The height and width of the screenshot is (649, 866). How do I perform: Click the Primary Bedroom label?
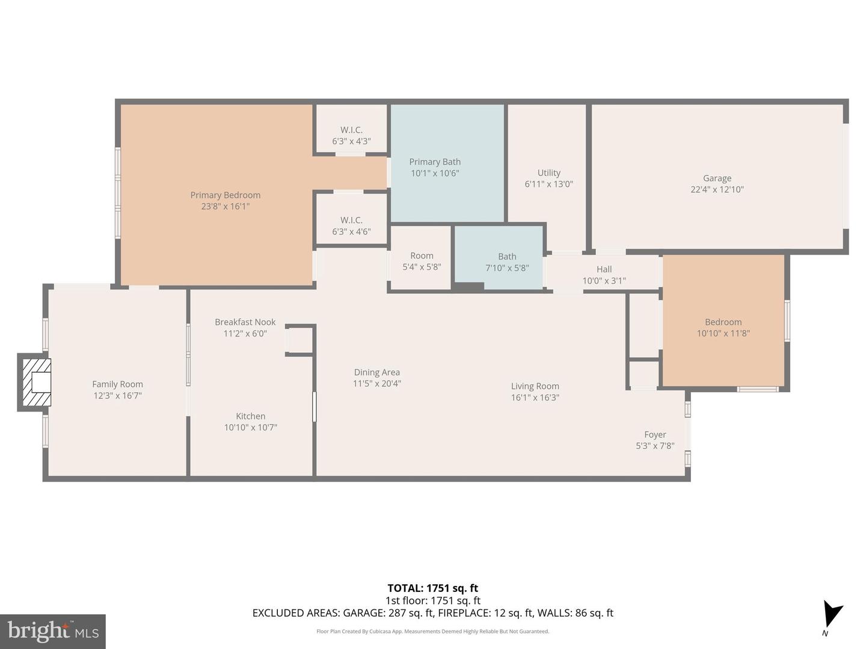point(225,195)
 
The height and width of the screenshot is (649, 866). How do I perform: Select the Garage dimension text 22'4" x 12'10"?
point(717,189)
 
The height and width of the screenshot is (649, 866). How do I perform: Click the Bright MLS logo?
point(53,631)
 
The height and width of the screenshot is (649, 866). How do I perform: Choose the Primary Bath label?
point(435,162)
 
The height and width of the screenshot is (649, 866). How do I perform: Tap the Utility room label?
point(548,173)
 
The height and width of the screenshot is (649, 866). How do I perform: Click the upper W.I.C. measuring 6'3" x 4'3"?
point(351,136)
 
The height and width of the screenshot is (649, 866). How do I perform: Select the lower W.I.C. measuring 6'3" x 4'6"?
point(351,226)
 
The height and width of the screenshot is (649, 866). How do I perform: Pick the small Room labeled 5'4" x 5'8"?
point(422,261)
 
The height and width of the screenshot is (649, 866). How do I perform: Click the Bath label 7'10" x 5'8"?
point(507,262)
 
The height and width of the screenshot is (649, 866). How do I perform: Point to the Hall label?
point(604,269)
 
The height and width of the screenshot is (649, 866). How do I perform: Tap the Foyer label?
point(655,434)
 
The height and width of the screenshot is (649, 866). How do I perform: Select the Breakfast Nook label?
point(245,322)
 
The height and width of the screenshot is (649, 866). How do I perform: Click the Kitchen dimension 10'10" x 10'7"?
point(250,427)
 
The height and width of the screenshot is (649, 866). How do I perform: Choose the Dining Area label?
point(376,373)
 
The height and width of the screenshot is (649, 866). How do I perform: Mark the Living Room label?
point(535,386)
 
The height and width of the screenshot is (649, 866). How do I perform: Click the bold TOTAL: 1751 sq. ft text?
point(432,588)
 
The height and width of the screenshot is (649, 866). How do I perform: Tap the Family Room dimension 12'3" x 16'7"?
point(117,395)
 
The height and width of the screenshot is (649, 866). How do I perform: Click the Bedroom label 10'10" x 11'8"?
point(723,328)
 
